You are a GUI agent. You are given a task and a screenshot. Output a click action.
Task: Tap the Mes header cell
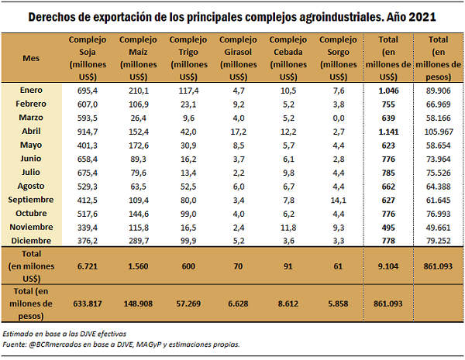(32, 57)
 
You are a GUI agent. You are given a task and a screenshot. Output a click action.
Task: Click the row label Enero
(32, 91)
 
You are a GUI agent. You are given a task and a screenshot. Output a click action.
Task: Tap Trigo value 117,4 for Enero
(188, 91)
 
